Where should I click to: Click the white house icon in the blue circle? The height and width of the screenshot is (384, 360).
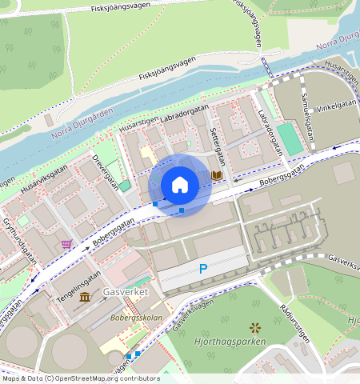click(180, 186)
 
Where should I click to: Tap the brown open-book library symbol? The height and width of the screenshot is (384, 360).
click(216, 174)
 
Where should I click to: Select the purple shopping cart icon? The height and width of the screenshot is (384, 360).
click(66, 243)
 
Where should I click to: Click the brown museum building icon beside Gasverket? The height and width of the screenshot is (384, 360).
click(85, 298)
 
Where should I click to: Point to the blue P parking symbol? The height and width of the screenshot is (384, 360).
click(203, 270)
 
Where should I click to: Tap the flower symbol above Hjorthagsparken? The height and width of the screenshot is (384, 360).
click(255, 327)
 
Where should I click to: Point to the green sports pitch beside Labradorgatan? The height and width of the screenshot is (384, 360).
click(291, 138)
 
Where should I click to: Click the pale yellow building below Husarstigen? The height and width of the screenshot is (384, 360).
click(146, 154)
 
